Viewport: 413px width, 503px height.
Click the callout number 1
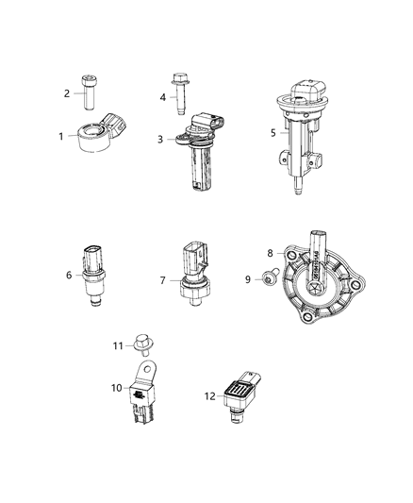(61, 136)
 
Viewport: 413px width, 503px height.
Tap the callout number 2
(67, 92)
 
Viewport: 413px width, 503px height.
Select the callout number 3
(160, 139)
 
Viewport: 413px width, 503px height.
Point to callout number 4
(162, 96)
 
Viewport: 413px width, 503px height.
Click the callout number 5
(273, 133)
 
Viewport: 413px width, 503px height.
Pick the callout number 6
(70, 276)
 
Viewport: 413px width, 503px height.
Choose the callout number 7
(162, 280)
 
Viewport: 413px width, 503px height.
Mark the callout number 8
(270, 252)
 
